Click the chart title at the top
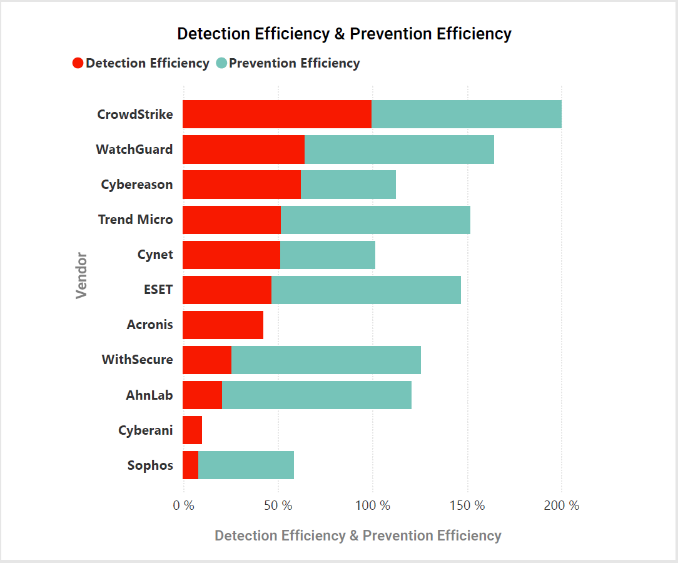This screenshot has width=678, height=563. (x=344, y=34)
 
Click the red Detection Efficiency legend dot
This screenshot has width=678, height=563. (x=78, y=63)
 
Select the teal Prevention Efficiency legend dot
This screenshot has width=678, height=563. (x=221, y=63)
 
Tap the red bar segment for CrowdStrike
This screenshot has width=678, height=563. (x=277, y=114)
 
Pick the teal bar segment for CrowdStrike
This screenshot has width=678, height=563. (x=466, y=114)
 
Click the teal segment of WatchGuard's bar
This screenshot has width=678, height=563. (x=399, y=150)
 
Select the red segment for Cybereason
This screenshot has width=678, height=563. (x=241, y=185)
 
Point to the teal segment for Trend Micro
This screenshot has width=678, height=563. (x=375, y=220)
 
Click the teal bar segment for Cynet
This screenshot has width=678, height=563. (x=328, y=255)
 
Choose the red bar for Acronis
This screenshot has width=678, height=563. (x=223, y=325)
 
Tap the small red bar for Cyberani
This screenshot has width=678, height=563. (x=192, y=430)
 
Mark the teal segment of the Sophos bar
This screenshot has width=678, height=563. (x=246, y=465)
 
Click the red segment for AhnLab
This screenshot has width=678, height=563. (x=202, y=395)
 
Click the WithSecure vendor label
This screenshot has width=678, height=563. (x=137, y=360)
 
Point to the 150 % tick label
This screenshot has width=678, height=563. (x=467, y=505)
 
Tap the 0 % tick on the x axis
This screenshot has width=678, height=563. (x=184, y=505)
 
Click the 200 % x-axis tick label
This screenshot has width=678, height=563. (x=561, y=505)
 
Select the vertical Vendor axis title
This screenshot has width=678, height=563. (x=81, y=275)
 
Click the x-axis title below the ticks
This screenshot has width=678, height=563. (x=358, y=536)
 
